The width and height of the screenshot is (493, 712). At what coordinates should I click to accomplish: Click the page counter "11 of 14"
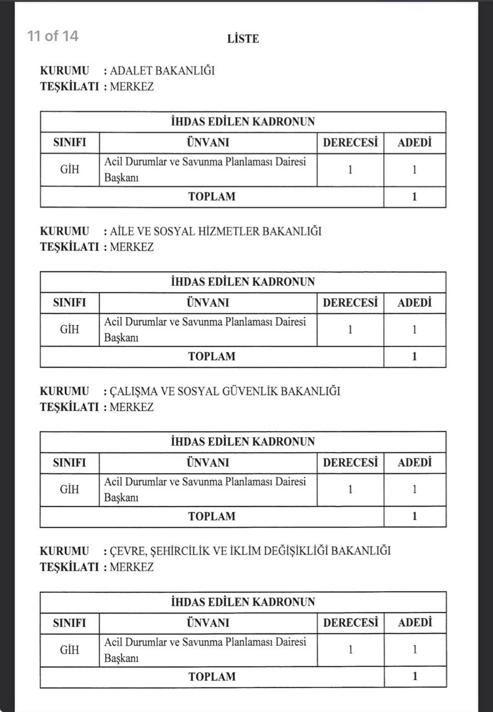tap(53, 36)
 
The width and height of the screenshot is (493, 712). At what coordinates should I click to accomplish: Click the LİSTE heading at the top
tap(243, 39)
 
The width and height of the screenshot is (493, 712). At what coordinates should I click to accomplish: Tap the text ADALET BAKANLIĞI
tap(162, 71)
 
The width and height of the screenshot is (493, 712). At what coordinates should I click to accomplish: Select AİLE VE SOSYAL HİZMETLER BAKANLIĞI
tap(215, 231)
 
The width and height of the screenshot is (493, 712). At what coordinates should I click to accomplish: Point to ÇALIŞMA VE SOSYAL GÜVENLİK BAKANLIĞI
tap(225, 391)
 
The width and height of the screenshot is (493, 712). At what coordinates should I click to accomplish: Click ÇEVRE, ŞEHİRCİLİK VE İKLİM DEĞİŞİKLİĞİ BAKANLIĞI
tap(250, 551)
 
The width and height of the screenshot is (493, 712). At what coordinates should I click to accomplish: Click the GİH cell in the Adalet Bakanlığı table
tap(70, 170)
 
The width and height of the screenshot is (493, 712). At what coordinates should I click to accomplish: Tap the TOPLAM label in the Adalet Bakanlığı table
tap(211, 196)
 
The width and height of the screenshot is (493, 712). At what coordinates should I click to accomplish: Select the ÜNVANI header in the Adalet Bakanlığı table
tap(208, 143)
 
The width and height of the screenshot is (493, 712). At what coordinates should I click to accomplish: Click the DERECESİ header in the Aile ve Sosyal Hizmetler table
tap(350, 303)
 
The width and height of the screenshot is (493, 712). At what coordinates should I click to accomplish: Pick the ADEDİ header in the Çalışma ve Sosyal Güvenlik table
tap(415, 463)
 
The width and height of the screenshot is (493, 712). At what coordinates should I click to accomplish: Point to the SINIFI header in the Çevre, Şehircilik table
tap(70, 623)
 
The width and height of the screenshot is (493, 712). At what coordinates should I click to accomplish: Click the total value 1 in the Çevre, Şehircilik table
tap(415, 676)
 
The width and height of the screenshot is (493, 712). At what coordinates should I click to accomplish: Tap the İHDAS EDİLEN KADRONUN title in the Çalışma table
tap(243, 442)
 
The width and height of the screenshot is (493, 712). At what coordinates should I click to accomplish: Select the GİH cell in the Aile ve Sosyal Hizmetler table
tap(70, 329)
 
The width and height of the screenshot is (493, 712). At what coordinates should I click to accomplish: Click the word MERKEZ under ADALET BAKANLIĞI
tap(131, 87)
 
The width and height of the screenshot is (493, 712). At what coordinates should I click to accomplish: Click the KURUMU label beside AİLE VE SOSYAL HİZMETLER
tap(64, 231)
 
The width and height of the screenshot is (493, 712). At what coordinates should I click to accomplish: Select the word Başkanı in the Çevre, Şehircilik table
tap(121, 658)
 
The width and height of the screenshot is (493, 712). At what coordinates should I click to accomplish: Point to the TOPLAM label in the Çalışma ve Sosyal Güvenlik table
tap(211, 516)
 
